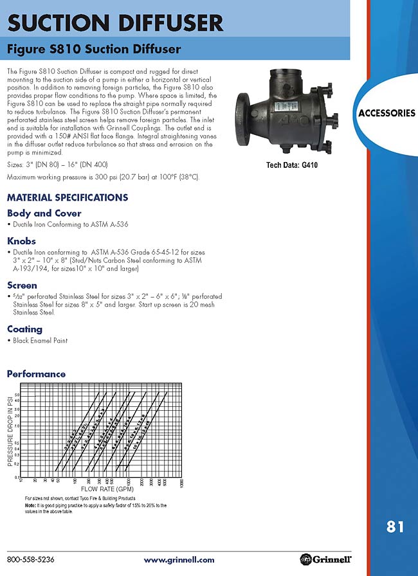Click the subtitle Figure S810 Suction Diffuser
point(93,49)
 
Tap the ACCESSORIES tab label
point(386,113)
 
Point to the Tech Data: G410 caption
point(292,165)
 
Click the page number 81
point(395,527)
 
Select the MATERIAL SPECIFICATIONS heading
point(67,197)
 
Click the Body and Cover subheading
point(44,213)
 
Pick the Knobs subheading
point(21,240)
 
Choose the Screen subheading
point(22,285)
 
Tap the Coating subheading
point(24,329)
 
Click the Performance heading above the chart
point(36,373)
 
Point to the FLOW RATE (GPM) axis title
point(102,489)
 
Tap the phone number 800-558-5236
point(30,559)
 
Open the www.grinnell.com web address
point(179,560)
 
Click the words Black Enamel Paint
point(40,341)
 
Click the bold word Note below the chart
point(31,505)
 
